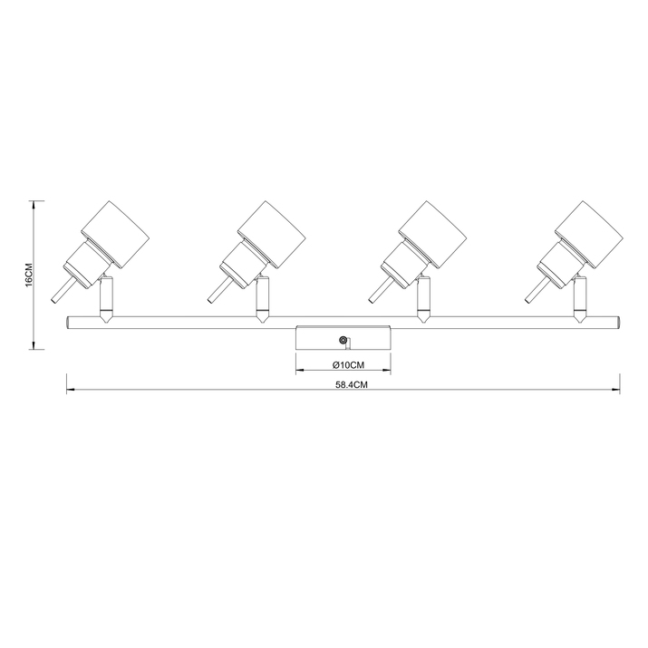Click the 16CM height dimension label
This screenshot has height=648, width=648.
pyautogui.click(x=28, y=275)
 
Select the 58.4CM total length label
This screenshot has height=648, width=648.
pyautogui.click(x=352, y=385)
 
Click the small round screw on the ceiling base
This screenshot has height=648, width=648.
pyautogui.click(x=343, y=340)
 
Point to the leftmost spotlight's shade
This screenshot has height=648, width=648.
pyautogui.click(x=114, y=235)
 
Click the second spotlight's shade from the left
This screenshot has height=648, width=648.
pyautogui.click(x=272, y=235)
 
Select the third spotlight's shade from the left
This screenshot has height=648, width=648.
pyautogui.click(x=432, y=235)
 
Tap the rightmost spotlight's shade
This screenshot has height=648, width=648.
pyautogui.click(x=589, y=235)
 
